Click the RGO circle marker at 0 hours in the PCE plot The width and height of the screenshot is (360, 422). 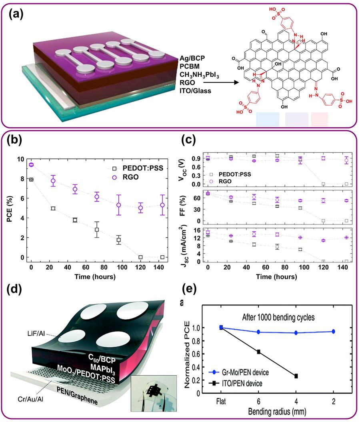tap(31, 164)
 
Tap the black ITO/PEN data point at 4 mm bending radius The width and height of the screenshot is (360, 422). tap(296, 376)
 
